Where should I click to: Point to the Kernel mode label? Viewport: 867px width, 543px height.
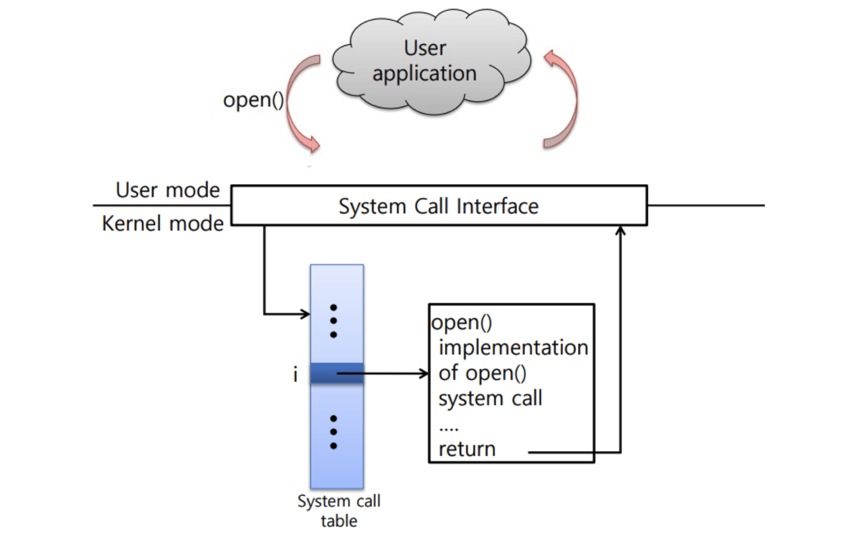coord(163,224)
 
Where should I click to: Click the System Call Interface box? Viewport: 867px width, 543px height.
coord(439,205)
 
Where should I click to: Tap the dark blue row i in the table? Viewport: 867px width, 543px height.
coord(323,374)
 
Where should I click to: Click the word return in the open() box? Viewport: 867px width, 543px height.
coord(467,449)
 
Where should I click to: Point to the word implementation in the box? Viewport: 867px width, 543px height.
coord(513,348)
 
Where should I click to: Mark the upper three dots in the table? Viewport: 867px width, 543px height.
coord(334,321)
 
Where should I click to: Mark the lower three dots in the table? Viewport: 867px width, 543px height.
coord(334,432)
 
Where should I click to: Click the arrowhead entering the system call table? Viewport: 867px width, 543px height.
coord(306,314)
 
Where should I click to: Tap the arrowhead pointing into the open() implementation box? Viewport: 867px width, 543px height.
coord(425,374)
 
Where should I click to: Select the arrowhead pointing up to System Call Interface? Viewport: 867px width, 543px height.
coord(620,230)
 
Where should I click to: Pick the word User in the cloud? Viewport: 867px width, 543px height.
coord(425,48)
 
